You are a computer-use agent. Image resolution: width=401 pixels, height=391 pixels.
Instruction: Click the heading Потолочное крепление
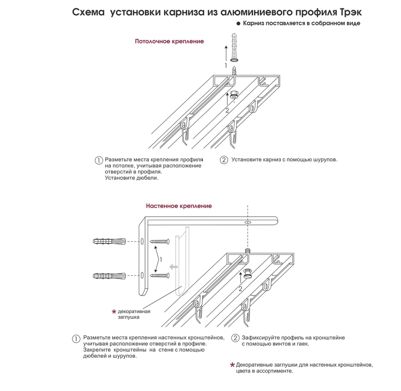(x=169, y=41)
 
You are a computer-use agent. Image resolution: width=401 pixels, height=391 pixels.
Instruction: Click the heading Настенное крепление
(x=179, y=206)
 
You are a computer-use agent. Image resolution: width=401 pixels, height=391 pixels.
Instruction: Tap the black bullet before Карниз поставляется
(x=238, y=24)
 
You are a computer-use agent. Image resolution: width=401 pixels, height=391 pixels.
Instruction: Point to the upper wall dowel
(x=109, y=242)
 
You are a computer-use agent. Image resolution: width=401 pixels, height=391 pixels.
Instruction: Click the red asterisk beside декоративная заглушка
(x=114, y=312)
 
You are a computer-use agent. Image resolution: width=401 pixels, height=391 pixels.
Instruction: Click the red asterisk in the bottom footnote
(x=232, y=365)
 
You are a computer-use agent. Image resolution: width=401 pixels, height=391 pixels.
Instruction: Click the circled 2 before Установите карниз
(x=224, y=160)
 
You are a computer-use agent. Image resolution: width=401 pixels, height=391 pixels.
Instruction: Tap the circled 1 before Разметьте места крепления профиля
(x=99, y=160)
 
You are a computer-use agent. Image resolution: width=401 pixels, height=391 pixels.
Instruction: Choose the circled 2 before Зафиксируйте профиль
(x=236, y=338)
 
